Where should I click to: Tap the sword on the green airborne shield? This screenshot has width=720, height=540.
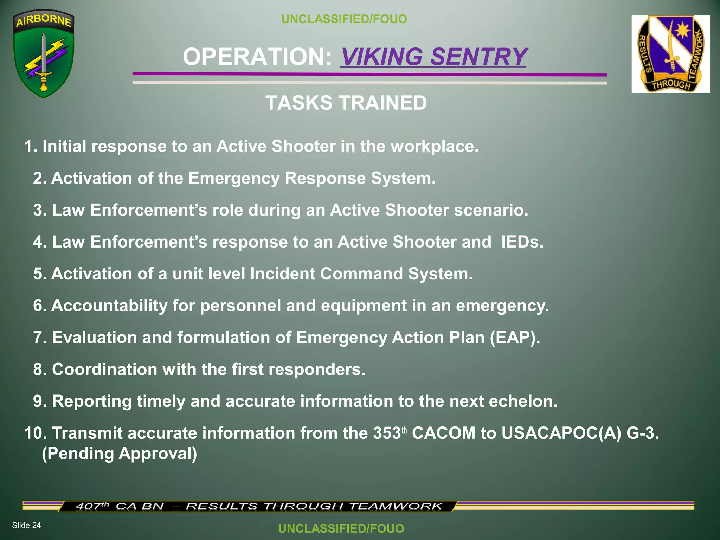[44, 60]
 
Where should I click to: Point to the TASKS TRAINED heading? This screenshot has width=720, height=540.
[346, 103]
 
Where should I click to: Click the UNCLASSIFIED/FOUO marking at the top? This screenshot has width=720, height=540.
[344, 19]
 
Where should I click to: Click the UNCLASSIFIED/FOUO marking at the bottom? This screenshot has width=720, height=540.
[341, 528]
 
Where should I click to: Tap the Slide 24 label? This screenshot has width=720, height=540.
[26, 525]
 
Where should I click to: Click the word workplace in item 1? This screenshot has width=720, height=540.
[435, 146]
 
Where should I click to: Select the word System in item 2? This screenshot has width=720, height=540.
[403, 178]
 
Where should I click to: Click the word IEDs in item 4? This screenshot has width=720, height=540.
[522, 242]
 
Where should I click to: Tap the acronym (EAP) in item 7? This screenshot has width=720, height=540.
[515, 337]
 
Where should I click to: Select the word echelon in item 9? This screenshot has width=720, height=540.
[523, 401]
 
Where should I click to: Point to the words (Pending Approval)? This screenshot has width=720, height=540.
[120, 454]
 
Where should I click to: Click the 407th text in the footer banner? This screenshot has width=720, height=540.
[92, 506]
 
